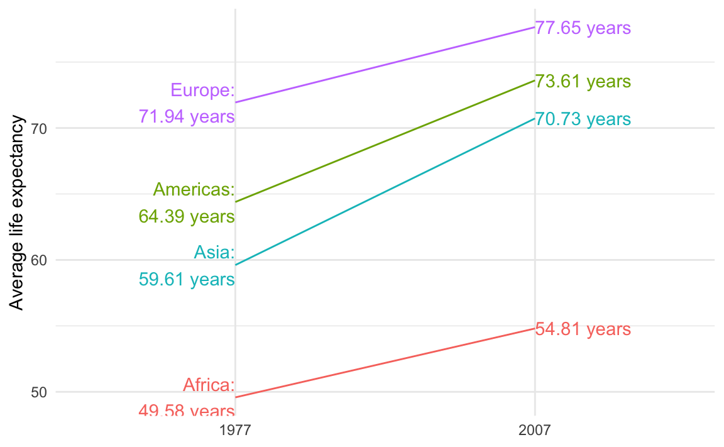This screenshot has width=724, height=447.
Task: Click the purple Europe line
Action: (x=385, y=65)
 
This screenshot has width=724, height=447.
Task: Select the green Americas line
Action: (x=385, y=141)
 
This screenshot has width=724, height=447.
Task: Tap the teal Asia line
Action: (x=385, y=192)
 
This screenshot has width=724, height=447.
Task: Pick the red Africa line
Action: (x=385, y=363)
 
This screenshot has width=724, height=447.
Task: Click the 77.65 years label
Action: (x=583, y=29)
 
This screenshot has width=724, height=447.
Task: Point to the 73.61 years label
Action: (x=583, y=82)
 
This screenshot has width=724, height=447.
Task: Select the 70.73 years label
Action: (x=583, y=119)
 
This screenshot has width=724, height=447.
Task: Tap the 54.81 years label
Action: (x=583, y=330)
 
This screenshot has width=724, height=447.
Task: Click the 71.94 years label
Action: (x=187, y=117)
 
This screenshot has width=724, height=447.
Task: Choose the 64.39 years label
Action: (x=187, y=217)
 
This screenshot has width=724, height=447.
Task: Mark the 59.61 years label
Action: (x=187, y=279)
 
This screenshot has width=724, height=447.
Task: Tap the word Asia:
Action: (x=214, y=252)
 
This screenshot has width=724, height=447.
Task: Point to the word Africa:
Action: (x=209, y=385)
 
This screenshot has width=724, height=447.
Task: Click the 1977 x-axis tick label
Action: (x=235, y=431)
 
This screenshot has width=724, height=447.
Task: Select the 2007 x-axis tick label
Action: (x=535, y=431)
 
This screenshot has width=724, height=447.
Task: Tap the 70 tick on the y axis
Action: (x=39, y=129)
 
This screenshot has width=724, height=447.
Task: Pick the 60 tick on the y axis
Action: (x=39, y=260)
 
